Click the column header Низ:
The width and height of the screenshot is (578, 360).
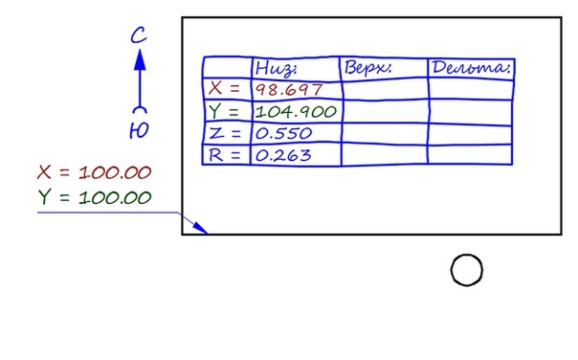point(276,68)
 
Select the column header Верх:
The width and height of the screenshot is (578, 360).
point(367,67)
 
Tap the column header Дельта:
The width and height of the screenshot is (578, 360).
point(471,67)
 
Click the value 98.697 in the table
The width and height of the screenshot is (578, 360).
point(289,90)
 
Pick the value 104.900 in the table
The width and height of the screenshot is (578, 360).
point(296,111)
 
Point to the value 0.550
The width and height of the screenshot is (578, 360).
point(283,133)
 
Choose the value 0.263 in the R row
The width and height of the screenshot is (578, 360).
point(283,155)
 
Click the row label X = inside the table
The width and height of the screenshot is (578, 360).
point(224,88)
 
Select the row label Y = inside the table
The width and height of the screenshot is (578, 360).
point(224,111)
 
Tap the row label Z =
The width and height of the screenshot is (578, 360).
point(225,133)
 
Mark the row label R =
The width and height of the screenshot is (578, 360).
point(224,155)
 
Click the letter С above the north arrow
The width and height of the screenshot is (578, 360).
point(139,35)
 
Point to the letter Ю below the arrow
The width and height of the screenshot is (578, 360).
point(139,130)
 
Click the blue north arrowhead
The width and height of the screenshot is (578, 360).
point(140,59)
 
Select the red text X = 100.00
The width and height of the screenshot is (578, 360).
point(95,172)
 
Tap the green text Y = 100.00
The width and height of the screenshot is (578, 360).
point(95,197)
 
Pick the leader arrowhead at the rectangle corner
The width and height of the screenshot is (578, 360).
point(200,228)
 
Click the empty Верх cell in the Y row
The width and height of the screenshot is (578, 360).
point(386,111)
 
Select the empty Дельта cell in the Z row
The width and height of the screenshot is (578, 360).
point(471,134)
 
